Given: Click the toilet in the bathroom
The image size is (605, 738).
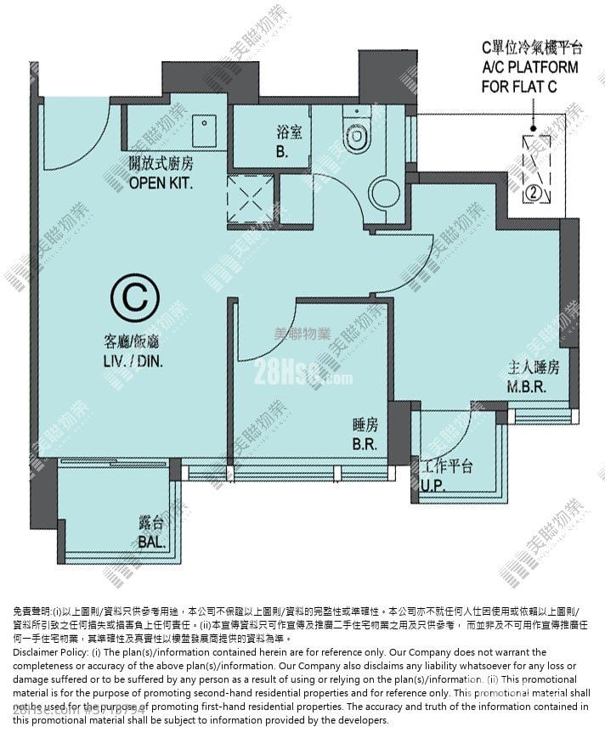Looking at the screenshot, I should pyautogui.click(x=354, y=135).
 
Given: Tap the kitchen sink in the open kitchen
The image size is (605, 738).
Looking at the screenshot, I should pyautogui.click(x=205, y=132).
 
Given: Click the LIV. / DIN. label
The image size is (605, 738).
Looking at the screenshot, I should pyautogui.click(x=133, y=360).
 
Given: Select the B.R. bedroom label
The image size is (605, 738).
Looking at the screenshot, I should pyautogui.click(x=365, y=443).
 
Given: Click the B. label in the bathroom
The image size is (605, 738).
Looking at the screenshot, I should pyautogui.click(x=281, y=154).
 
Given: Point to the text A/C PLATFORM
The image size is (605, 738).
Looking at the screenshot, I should pyautogui.click(x=530, y=67).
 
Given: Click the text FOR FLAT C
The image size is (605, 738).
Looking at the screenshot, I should pyautogui.click(x=530, y=86).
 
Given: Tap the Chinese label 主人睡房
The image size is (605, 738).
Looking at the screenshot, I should pyautogui.click(x=533, y=369).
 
